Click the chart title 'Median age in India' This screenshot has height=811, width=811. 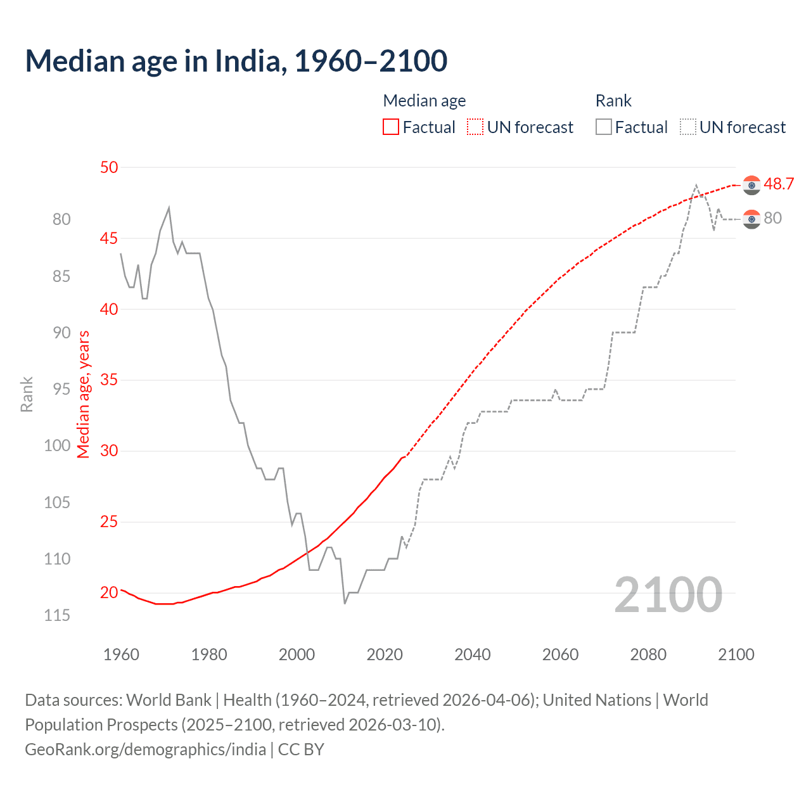[236, 61]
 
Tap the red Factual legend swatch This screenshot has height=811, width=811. [391, 127]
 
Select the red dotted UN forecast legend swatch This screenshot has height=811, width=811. [475, 127]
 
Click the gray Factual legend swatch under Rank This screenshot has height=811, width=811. [604, 127]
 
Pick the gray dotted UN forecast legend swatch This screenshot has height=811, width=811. [688, 127]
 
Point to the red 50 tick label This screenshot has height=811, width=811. [109, 167]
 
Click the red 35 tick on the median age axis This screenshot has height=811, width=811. [109, 380]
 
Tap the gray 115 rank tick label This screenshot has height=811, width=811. [57, 615]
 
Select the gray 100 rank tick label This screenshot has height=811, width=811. [57, 445]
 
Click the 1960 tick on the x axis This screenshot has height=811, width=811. [121, 655]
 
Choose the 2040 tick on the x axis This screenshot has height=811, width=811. [473, 655]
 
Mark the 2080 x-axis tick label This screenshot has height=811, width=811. [648, 655]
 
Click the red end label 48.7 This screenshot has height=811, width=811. [779, 184]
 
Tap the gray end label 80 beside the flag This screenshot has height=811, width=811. [773, 219]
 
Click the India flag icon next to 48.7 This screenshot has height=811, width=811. [751, 185]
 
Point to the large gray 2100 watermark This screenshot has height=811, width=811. [668, 595]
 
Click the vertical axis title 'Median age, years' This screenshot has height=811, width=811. [84, 394]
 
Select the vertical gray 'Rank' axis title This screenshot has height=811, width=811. [27, 394]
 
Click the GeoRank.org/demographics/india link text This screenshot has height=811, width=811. [145, 750]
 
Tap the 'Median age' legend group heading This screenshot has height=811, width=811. [425, 101]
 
